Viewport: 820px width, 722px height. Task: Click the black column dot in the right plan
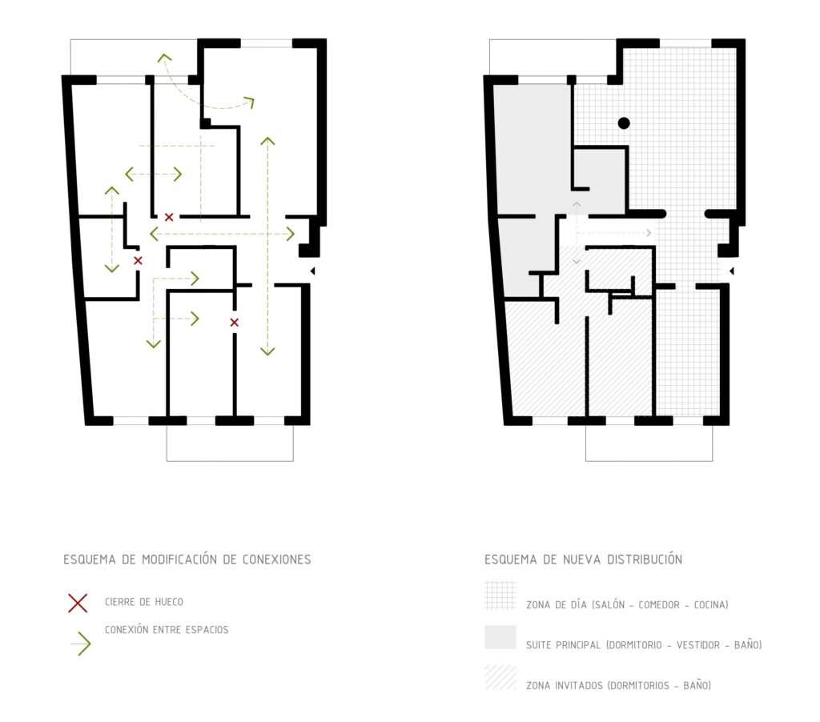[x=623, y=122]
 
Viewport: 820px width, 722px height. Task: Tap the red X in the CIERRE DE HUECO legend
[x=78, y=603]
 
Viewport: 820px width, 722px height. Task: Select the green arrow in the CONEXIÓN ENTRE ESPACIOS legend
[x=81, y=644]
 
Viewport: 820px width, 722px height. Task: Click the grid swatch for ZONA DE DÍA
[x=500, y=596]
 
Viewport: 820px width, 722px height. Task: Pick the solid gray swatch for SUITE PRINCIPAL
[x=500, y=637]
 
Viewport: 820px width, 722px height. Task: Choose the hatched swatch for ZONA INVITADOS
[x=500, y=677]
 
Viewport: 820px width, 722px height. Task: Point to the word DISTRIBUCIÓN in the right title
[x=645, y=560]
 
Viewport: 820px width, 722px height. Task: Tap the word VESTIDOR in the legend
[x=697, y=645]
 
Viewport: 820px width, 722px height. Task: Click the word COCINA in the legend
[x=711, y=605]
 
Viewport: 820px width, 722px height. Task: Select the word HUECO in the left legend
[x=168, y=602]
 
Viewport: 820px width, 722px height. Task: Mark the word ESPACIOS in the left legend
[x=207, y=630]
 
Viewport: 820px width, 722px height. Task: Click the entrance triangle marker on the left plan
[x=313, y=271]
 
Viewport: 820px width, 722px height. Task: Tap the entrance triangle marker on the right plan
[x=732, y=271]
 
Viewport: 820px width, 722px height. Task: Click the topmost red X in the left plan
[x=169, y=217]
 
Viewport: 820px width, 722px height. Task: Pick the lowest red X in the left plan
[x=235, y=323]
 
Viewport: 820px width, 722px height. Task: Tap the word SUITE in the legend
[x=537, y=645]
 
